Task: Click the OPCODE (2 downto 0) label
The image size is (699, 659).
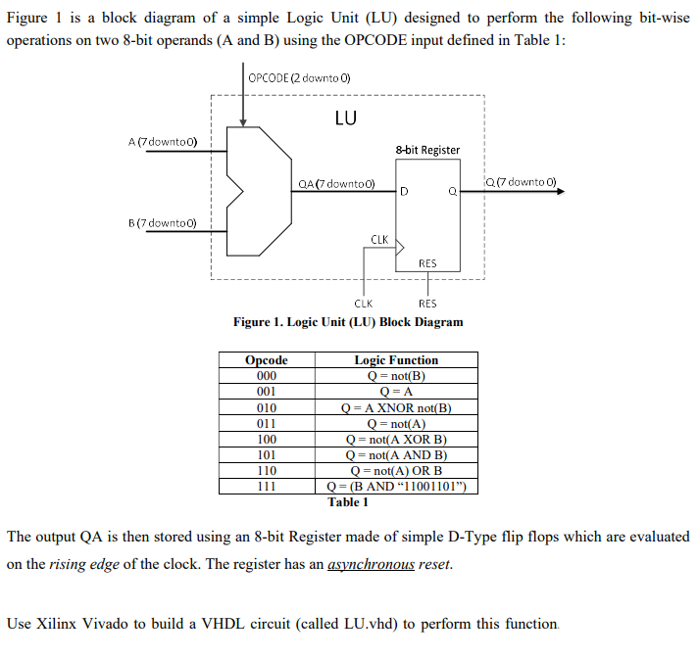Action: click(300, 78)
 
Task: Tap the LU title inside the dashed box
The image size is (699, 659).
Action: click(345, 118)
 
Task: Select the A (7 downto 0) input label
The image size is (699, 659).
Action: click(163, 141)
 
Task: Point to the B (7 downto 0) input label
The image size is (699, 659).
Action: click(163, 223)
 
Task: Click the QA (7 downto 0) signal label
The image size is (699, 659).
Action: click(336, 184)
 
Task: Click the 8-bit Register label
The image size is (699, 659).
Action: click(427, 150)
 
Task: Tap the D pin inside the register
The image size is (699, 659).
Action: click(403, 191)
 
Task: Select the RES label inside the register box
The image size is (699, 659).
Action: click(427, 262)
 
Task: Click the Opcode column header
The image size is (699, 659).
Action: click(266, 360)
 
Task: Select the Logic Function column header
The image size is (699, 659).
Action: click(396, 360)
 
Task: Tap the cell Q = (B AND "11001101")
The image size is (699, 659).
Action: click(396, 487)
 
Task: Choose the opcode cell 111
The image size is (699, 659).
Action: click(266, 487)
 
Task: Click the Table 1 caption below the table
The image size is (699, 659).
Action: click(348, 502)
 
